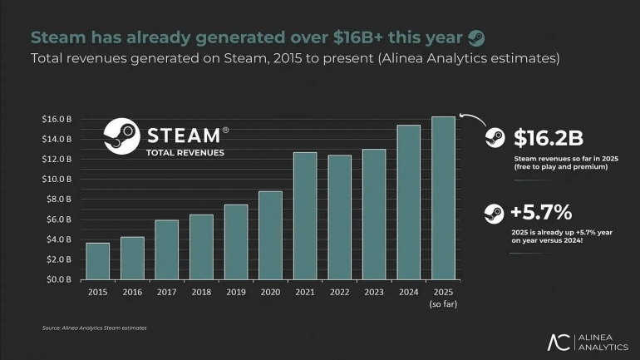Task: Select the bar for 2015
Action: click(97, 261)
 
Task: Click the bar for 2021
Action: click(305, 216)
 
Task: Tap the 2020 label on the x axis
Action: click(270, 292)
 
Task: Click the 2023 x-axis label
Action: click(374, 292)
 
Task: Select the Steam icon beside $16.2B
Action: click(495, 138)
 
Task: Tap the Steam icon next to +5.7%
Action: click(495, 214)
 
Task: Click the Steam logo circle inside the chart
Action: click(121, 137)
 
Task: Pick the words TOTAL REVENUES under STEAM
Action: click(185, 153)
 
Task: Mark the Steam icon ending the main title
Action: click(476, 37)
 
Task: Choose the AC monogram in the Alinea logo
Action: click(560, 341)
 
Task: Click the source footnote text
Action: click(94, 328)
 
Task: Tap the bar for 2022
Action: click(339, 217)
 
